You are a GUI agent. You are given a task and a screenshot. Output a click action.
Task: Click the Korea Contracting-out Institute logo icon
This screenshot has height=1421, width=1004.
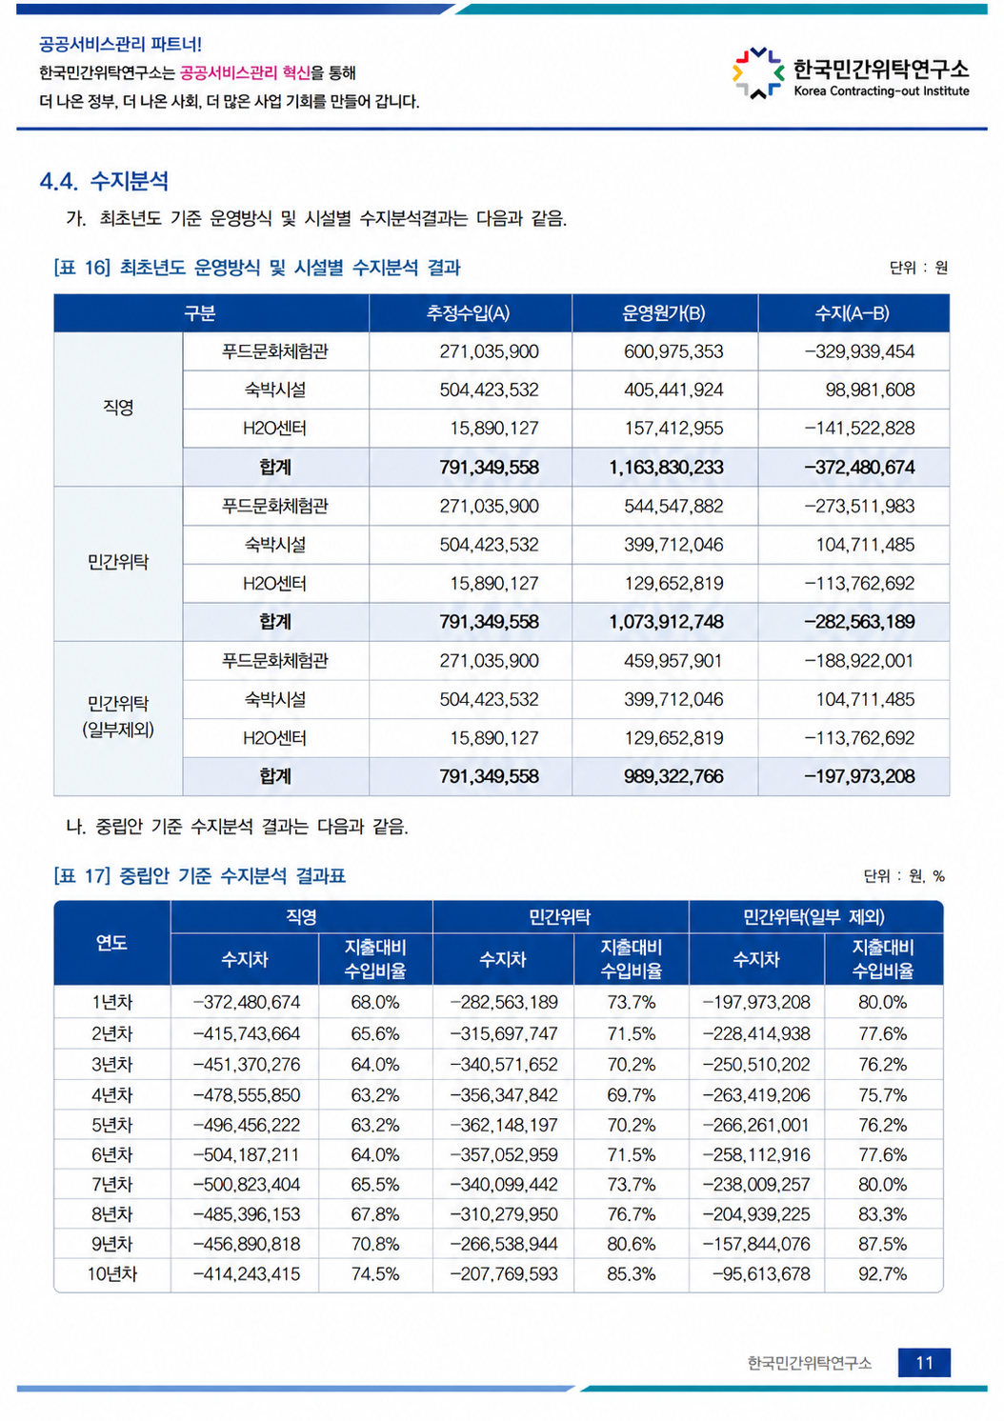click(757, 73)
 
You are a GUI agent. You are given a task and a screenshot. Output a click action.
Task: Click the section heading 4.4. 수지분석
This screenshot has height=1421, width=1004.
click(104, 181)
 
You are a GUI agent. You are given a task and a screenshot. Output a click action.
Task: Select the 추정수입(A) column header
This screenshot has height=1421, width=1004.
click(468, 313)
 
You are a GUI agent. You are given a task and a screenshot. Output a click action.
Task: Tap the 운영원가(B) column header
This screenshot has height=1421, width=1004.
click(663, 313)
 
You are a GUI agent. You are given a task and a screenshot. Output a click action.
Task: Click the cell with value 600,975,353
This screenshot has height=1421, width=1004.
click(673, 351)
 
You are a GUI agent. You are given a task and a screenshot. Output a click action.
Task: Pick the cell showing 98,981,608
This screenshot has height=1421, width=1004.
click(870, 390)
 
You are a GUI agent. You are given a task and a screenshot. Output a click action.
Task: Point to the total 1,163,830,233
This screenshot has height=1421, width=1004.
click(666, 468)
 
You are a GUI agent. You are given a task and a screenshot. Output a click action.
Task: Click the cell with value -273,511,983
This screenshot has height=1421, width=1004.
click(859, 507)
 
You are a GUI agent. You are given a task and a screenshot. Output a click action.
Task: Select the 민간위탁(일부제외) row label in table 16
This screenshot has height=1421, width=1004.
click(118, 717)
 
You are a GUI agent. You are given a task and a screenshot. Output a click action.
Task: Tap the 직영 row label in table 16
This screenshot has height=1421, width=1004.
click(118, 408)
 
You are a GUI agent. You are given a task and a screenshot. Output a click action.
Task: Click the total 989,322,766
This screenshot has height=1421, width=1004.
click(673, 776)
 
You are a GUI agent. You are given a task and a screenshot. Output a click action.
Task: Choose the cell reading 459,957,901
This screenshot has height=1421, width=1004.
click(673, 661)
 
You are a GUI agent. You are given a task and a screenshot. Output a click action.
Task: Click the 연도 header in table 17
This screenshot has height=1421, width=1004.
click(111, 943)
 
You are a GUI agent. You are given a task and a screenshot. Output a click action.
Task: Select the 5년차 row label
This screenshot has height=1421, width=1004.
click(111, 1125)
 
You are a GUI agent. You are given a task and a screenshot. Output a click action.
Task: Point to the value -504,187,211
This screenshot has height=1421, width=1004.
click(247, 1154)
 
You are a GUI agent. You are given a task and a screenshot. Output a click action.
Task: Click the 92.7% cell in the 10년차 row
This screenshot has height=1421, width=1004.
click(883, 1273)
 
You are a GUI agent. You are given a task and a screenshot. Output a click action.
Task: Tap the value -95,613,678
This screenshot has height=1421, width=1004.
click(761, 1273)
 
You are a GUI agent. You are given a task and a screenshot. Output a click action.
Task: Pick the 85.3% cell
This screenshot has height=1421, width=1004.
click(631, 1273)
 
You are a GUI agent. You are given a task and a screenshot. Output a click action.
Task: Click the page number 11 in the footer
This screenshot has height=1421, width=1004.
click(924, 1363)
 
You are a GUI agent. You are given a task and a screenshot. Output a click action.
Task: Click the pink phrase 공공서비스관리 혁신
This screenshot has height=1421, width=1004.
click(245, 73)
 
